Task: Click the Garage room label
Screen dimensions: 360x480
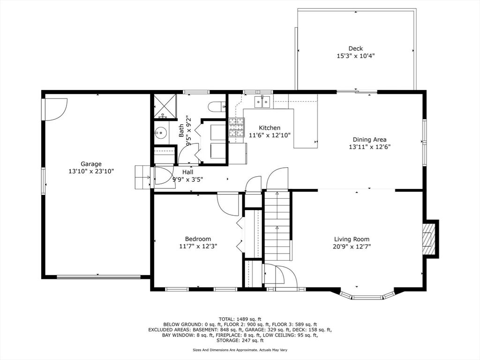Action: click(x=91, y=164)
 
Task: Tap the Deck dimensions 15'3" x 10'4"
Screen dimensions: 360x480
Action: click(x=355, y=56)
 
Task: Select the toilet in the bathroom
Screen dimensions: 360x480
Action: click(x=216, y=107)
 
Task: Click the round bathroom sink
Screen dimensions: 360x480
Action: click(x=161, y=134)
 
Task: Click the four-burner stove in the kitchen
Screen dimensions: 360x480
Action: click(x=236, y=127)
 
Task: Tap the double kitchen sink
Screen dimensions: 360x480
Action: click(x=262, y=101)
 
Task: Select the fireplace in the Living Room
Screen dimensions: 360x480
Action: click(x=428, y=238)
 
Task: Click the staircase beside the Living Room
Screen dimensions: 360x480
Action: click(x=277, y=226)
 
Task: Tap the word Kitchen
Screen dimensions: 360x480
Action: click(x=270, y=128)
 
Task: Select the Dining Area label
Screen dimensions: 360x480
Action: click(x=369, y=139)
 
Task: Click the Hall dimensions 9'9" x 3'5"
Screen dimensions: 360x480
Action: click(x=187, y=179)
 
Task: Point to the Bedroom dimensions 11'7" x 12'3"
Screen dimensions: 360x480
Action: click(x=198, y=246)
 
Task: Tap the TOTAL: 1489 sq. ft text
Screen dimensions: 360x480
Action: click(x=240, y=319)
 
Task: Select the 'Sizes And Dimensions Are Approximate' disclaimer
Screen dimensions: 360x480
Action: click(x=240, y=350)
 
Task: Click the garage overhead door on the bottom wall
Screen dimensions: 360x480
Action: click(x=98, y=277)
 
